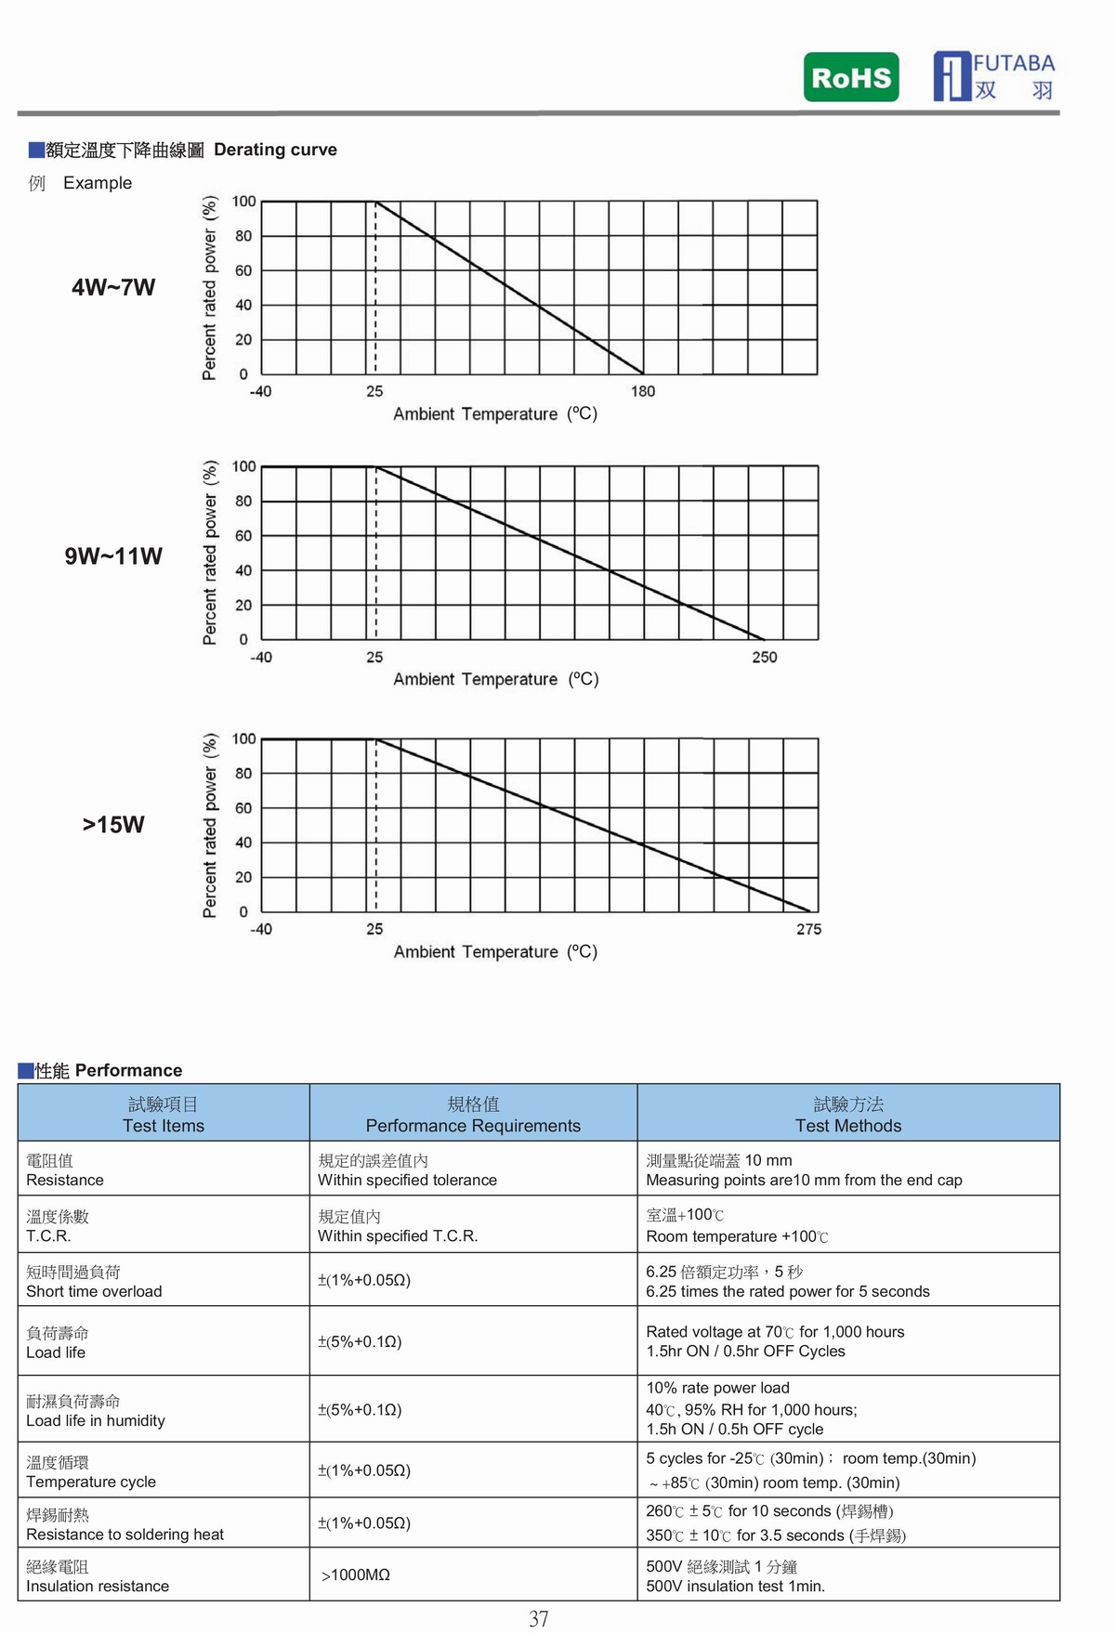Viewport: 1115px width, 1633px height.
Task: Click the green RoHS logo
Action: pyautogui.click(x=851, y=77)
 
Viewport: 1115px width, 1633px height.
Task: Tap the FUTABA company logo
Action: pyautogui.click(x=994, y=76)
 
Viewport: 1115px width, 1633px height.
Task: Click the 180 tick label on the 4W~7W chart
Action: pyautogui.click(x=643, y=392)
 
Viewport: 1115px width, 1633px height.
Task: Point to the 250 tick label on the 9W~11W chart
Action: pyautogui.click(x=765, y=658)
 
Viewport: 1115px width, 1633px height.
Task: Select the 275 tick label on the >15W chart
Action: pyautogui.click(x=808, y=930)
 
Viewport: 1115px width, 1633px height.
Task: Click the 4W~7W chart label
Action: pyautogui.click(x=113, y=288)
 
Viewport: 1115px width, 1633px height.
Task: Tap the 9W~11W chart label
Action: pyautogui.click(x=113, y=556)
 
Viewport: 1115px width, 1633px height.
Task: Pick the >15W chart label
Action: pyautogui.click(x=113, y=825)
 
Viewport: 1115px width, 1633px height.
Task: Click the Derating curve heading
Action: pyautogui.click(x=275, y=150)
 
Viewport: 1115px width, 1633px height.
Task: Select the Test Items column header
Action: pyautogui.click(x=164, y=1115)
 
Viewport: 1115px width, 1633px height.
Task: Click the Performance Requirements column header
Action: pyautogui.click(x=473, y=1115)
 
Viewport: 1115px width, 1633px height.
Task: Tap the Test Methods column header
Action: pyautogui.click(x=848, y=1115)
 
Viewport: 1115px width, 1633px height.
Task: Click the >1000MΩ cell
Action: pyautogui.click(x=356, y=1574)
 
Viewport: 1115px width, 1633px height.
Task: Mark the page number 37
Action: pyautogui.click(x=539, y=1619)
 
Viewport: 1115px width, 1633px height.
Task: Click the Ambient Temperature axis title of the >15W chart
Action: pyautogui.click(x=495, y=952)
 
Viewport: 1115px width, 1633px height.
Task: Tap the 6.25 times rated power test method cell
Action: pyautogui.click(x=788, y=1282)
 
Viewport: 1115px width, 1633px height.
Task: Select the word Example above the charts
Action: pyautogui.click(x=98, y=183)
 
